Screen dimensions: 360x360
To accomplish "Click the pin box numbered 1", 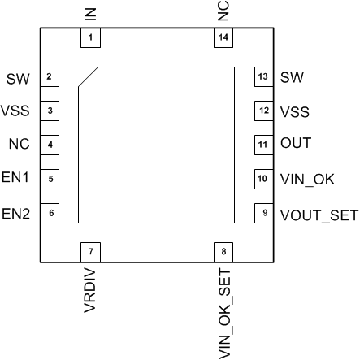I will click(89, 38).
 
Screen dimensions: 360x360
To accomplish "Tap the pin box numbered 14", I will click(223, 38).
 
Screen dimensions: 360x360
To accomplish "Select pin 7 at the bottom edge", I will click(89, 251).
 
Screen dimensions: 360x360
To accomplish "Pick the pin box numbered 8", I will click(223, 251).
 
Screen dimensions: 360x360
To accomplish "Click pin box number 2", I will click(50, 77).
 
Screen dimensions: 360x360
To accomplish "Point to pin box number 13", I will click(262, 77).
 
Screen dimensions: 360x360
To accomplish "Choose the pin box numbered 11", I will click(262, 145).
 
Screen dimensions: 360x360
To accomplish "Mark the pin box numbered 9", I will click(262, 213).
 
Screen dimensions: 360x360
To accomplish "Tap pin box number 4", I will click(50, 145).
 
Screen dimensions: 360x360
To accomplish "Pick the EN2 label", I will click(16, 215).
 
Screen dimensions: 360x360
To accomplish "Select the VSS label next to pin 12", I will click(293, 111).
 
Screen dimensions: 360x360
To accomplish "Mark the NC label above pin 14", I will click(223, 11).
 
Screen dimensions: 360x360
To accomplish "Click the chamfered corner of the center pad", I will click(88, 76).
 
